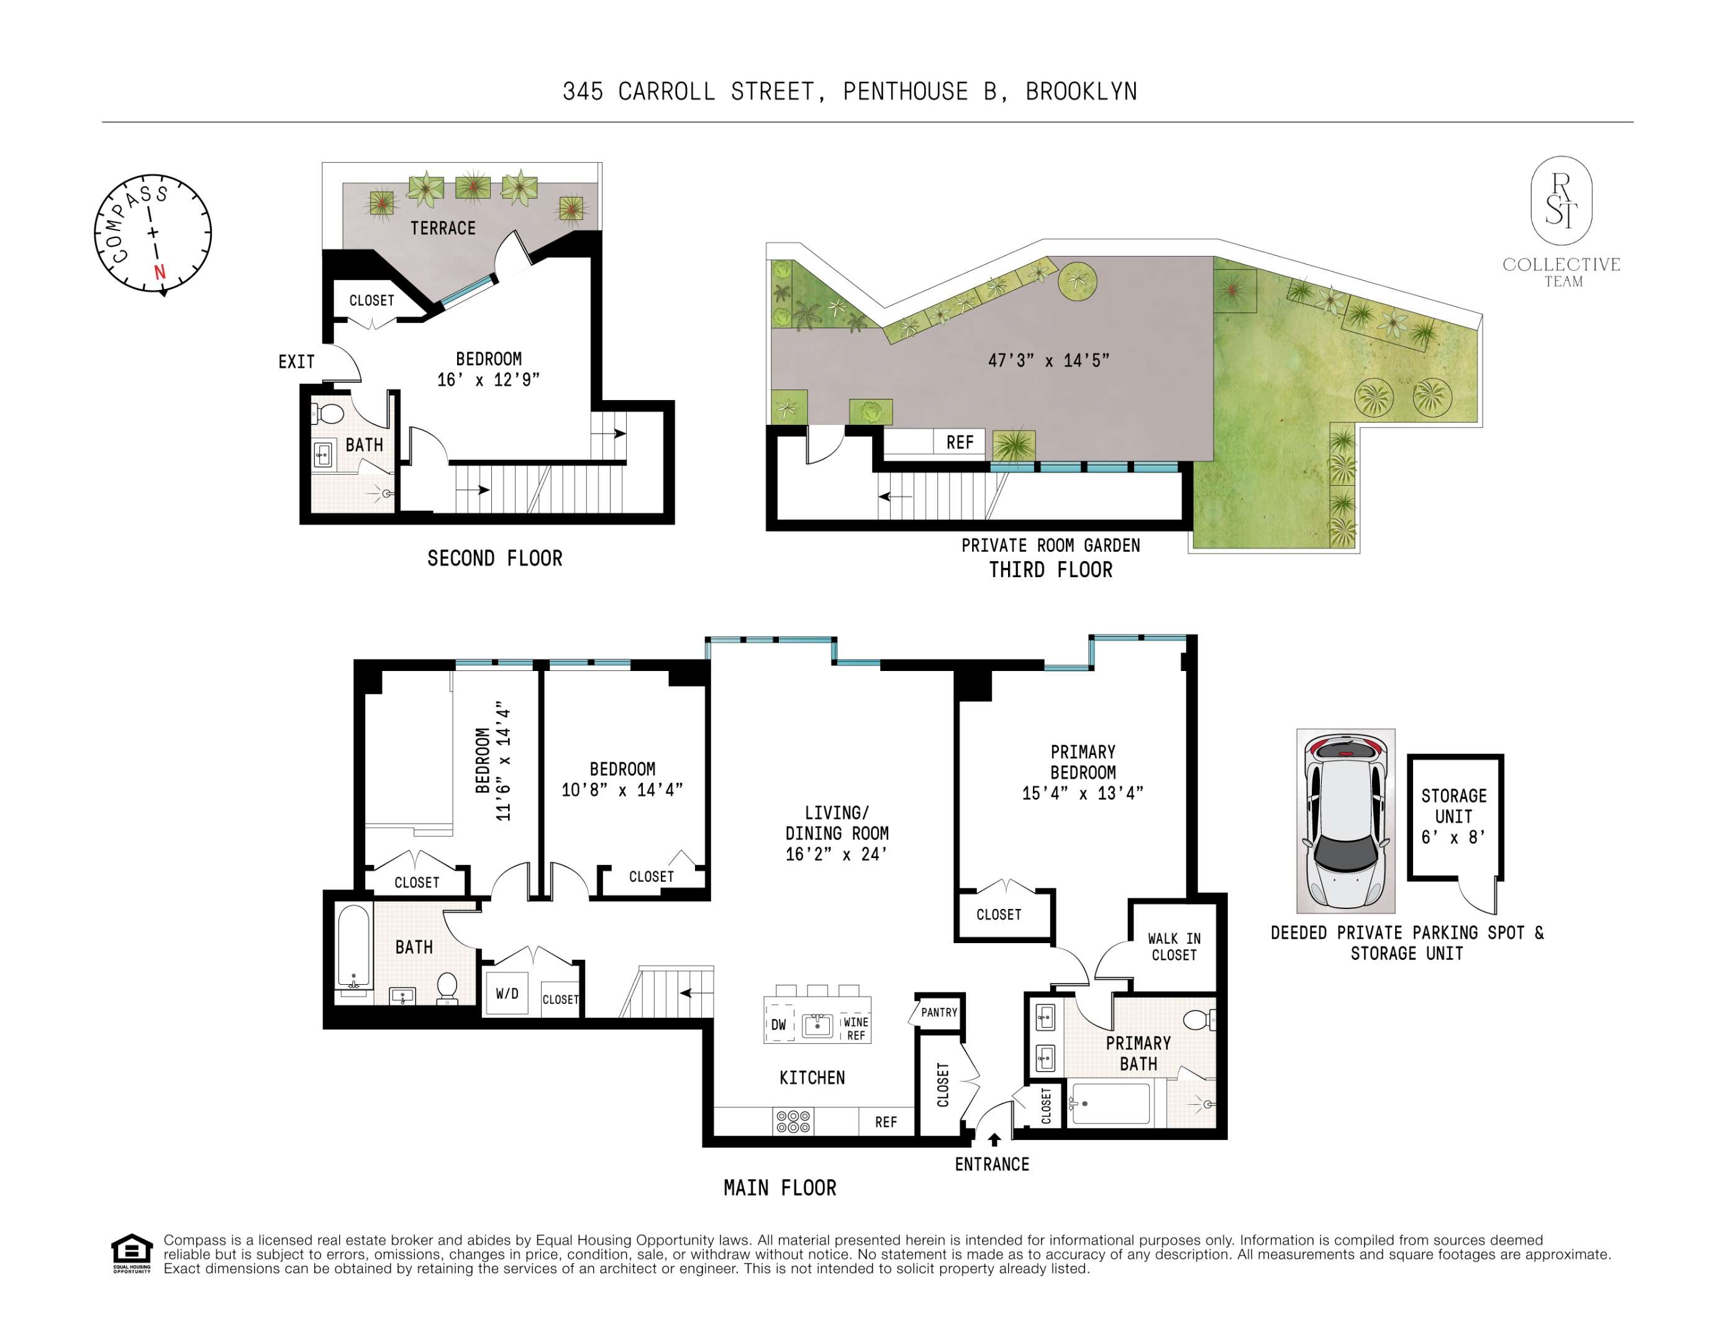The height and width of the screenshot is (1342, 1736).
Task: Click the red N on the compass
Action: [x=160, y=272]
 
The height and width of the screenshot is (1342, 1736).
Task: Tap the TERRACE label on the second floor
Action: [x=443, y=228]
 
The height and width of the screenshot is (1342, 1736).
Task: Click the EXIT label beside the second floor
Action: [x=296, y=362]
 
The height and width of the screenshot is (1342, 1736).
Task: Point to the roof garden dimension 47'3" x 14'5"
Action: [x=1048, y=360]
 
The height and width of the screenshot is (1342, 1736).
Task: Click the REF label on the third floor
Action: [x=960, y=443]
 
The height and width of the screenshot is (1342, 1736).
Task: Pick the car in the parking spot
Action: [x=1345, y=821]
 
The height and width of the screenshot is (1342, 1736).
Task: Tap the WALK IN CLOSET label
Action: [x=1174, y=947]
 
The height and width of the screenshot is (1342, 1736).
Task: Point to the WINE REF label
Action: [x=856, y=1028]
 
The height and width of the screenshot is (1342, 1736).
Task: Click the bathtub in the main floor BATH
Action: [x=353, y=946]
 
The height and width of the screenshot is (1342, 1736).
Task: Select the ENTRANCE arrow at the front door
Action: [x=994, y=1139]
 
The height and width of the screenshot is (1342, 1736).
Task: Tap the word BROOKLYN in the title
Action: [x=1081, y=91]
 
